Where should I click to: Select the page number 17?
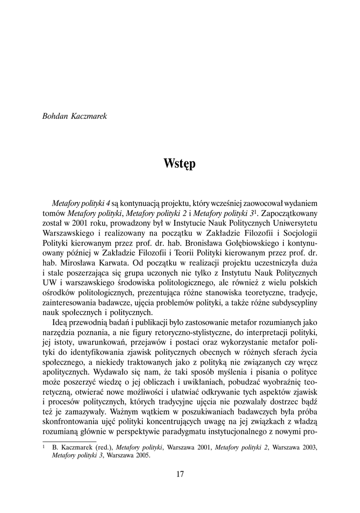[x=180, y=474]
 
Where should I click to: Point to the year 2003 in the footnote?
[x=307, y=447]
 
